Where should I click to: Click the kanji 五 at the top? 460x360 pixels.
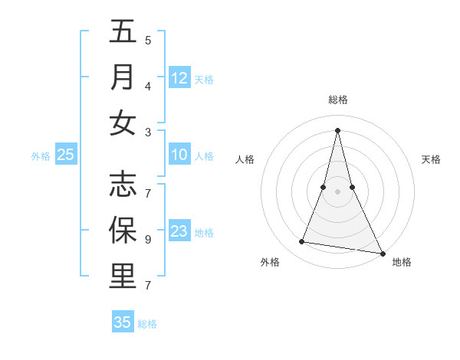[x=123, y=33]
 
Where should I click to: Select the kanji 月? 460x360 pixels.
[x=123, y=77]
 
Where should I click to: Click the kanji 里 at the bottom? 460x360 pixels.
[x=123, y=277]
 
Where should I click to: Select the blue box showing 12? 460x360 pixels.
[x=179, y=77]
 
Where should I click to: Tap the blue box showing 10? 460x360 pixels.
[x=179, y=155]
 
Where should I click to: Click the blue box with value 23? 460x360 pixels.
[x=179, y=231]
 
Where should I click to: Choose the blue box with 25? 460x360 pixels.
[x=66, y=155]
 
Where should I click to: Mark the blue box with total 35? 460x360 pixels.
[x=123, y=322]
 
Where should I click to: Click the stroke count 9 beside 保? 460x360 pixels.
[x=148, y=239]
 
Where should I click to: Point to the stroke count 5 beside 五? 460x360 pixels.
[x=148, y=40]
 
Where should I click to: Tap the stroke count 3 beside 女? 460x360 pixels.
[x=148, y=132]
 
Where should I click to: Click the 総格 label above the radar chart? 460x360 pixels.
[x=338, y=99]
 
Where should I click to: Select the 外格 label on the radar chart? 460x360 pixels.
[x=270, y=262]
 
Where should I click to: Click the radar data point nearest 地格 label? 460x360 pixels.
[x=382, y=254]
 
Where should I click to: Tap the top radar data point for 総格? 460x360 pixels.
[x=337, y=129]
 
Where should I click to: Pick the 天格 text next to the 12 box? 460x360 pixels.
[x=204, y=79]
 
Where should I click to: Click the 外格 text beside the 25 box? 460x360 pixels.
[x=41, y=156]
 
